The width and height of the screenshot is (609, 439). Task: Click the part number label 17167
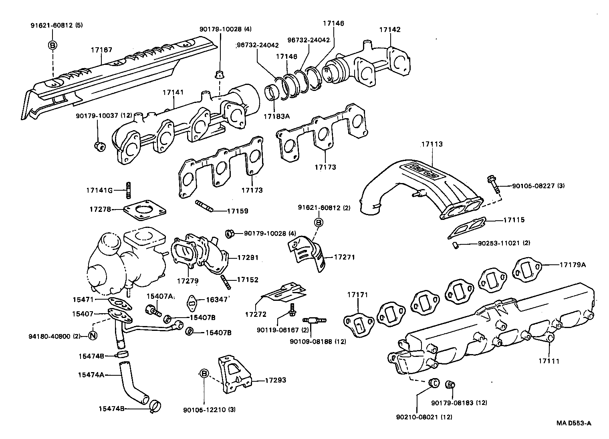pos(101,50)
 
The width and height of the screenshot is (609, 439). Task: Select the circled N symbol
pos(92,336)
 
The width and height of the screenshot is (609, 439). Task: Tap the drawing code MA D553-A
pos(574,423)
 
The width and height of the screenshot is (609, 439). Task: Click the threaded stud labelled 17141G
pos(129,190)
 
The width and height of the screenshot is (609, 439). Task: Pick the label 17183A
pos(276,116)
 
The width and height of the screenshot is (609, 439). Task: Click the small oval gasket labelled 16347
pos(193,302)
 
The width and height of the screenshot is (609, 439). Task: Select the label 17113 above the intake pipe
pos(432,144)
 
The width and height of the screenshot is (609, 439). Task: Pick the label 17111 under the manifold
pos(549,361)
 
